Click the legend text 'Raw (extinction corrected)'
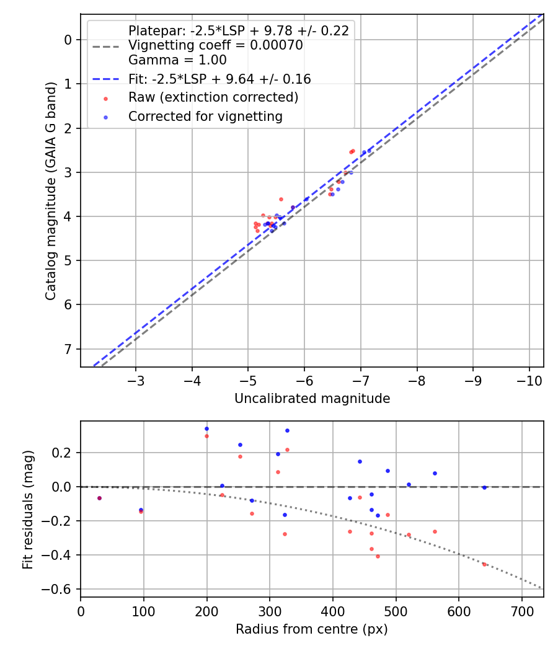pos(213,97)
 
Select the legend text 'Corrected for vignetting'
pos(205,116)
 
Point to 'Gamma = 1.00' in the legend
pos(177,60)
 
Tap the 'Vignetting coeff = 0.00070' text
pos(215,45)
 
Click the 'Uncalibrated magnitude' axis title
pos(312,399)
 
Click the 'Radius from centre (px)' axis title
pos(312,629)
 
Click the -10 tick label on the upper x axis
pos(529,380)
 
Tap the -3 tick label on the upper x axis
pos(136,380)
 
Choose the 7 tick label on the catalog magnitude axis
pos(69,349)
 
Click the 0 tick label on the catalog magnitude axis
pos(69,40)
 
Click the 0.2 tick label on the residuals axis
pos(64,453)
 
